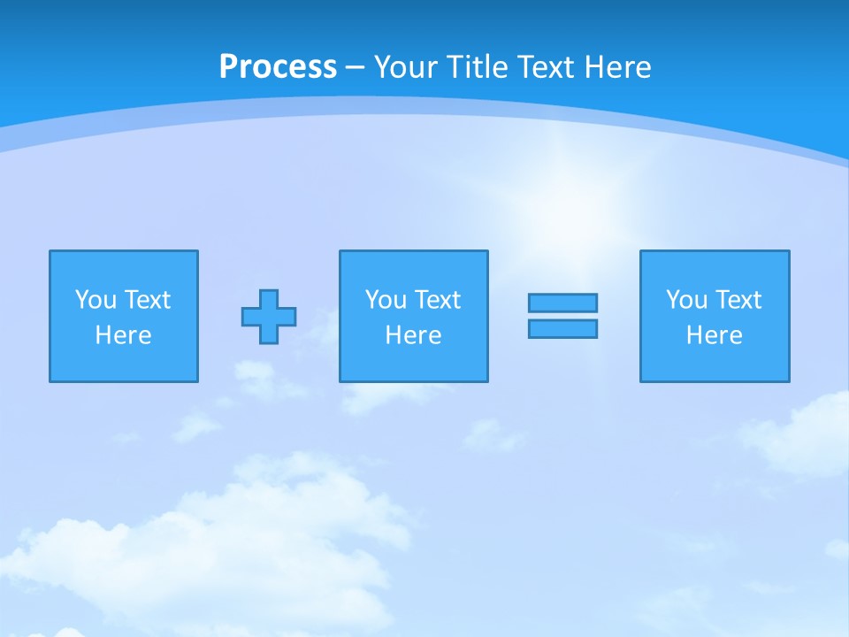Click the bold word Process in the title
278,67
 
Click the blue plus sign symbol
269,317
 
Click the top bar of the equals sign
562,303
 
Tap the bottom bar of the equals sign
562,328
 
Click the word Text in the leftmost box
148,300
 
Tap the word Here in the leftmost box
124,335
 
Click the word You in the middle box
386,300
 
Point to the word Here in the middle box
413,335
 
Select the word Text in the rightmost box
738,300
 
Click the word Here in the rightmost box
715,335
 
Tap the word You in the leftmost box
96,300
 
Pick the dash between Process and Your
355,68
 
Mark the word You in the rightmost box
686,300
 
